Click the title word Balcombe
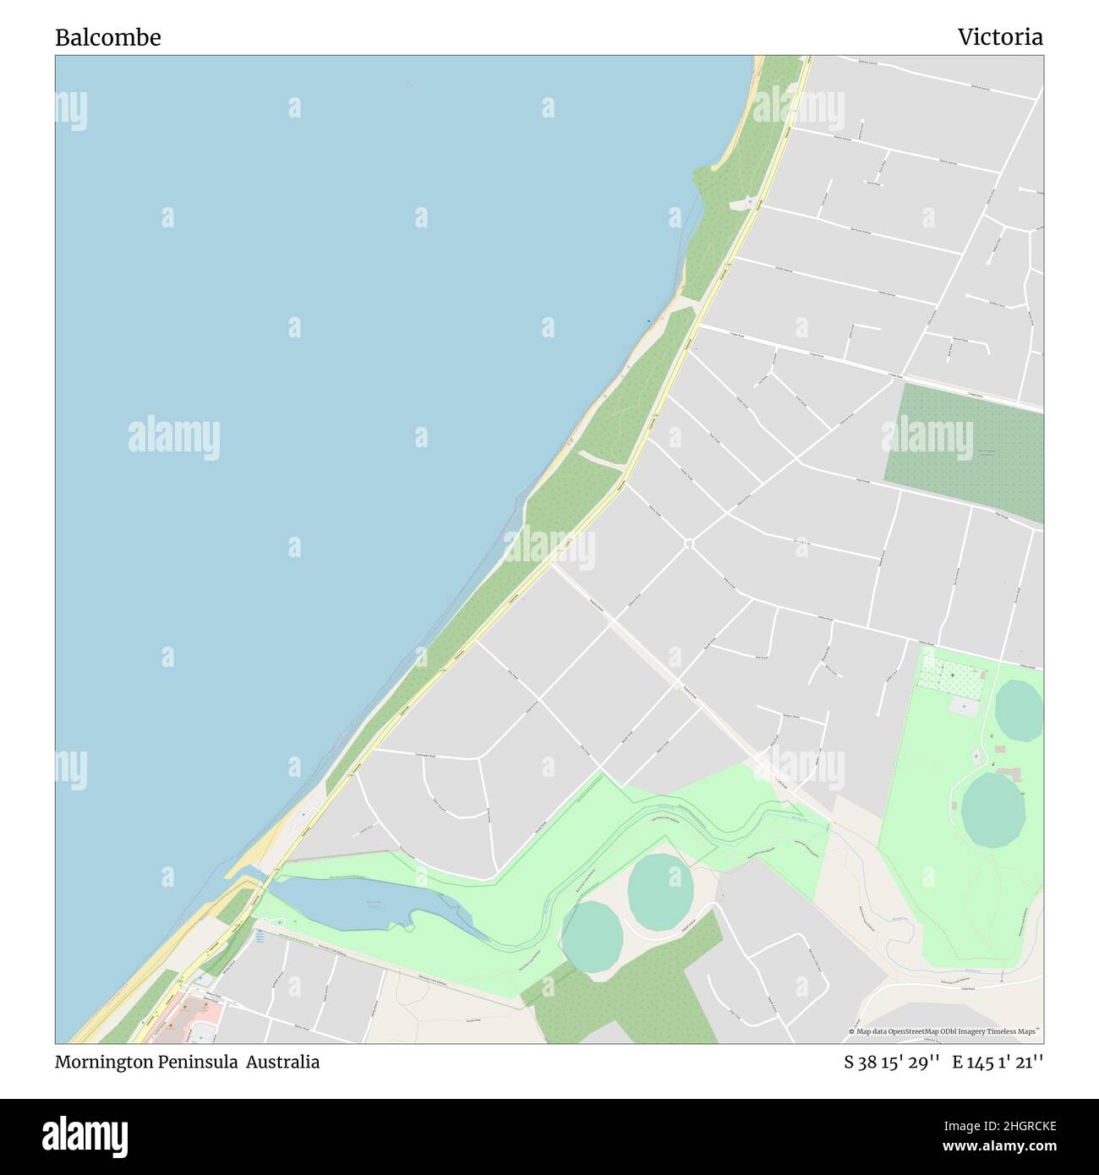point(107,38)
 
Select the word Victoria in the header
point(999,37)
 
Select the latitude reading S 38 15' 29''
point(891,1063)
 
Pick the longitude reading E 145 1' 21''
point(998,1063)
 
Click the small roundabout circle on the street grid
point(689,544)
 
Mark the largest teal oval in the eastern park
point(993,809)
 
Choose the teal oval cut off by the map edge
point(1020,710)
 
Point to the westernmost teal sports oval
point(592,937)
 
